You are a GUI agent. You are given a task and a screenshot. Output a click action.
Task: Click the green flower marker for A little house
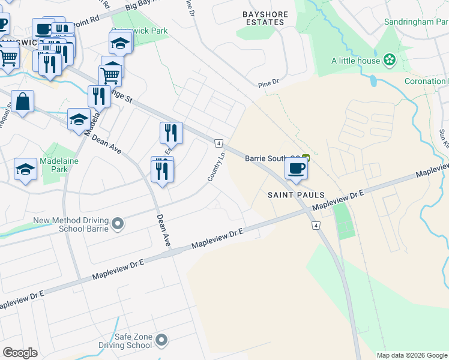(x=390, y=60)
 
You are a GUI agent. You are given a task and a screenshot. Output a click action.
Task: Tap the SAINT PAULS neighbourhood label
(x=296, y=195)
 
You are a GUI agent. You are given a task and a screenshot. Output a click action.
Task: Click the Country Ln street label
(x=217, y=167)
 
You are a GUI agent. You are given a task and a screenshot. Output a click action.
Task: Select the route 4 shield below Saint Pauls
(x=315, y=225)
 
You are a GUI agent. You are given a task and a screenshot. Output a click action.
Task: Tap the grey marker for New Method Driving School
(x=118, y=224)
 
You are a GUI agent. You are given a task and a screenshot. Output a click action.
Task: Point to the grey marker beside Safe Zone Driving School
(x=161, y=341)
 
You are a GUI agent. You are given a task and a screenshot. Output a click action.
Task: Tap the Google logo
(x=20, y=353)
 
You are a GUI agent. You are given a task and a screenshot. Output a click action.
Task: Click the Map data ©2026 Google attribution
(x=411, y=355)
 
